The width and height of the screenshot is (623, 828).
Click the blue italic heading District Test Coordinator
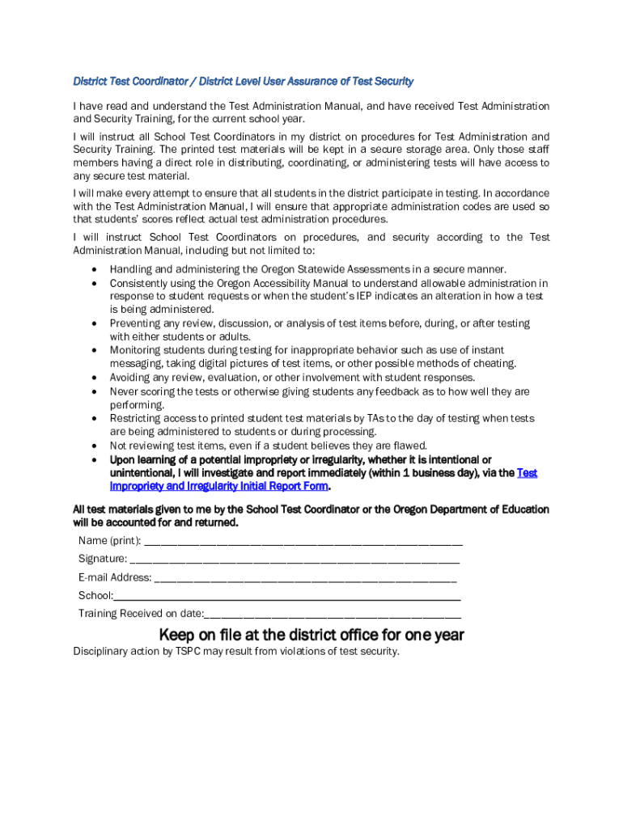(x=243, y=82)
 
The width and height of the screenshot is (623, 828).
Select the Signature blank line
(x=295, y=560)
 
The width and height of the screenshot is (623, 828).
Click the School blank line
(x=287, y=596)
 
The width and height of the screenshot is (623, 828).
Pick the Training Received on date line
(x=333, y=614)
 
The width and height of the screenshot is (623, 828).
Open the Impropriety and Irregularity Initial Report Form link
(x=219, y=487)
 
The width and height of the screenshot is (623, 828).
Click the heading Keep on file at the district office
(x=311, y=635)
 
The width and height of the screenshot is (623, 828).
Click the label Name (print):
(x=109, y=541)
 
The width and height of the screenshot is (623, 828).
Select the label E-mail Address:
(x=115, y=578)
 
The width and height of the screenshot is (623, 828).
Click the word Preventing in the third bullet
(x=136, y=323)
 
